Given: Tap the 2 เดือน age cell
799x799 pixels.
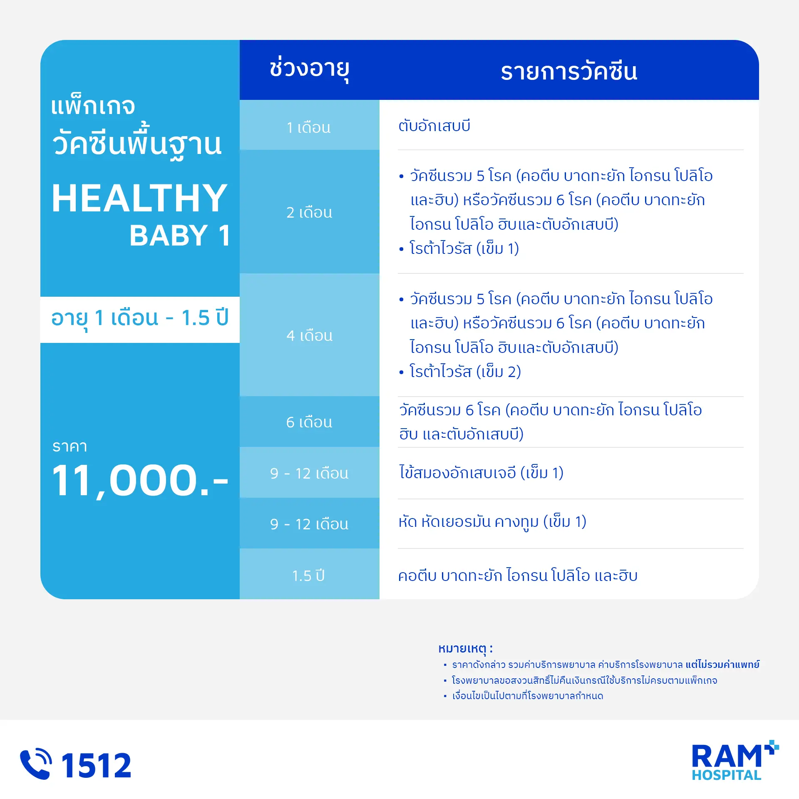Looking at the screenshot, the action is coord(309,212).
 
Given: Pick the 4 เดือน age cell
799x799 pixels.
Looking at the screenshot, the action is coord(309,335).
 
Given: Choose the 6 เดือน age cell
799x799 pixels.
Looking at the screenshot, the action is coord(309,422).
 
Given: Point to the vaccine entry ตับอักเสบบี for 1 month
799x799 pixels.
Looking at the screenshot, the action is coord(434,125).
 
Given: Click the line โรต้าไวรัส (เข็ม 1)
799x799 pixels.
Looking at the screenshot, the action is coord(464,248).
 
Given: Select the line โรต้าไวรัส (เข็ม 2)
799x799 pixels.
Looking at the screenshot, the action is coord(465,371).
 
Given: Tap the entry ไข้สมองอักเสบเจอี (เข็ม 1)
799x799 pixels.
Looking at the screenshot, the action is coord(481,472).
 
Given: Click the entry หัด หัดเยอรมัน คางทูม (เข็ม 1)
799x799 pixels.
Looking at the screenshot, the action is coord(492,522).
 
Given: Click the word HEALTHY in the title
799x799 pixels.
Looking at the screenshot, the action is coord(139,198).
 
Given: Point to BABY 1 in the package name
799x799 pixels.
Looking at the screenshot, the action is coord(180,235).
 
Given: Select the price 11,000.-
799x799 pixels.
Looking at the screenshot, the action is coord(140,481).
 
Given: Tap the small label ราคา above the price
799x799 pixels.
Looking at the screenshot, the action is coord(70,447).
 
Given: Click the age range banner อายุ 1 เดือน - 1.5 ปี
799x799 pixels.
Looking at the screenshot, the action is coord(140,319).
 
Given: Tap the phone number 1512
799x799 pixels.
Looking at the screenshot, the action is coord(96,765).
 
